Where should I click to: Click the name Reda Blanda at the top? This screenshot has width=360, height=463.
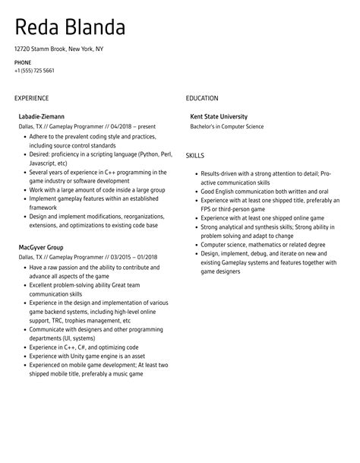pos(69,29)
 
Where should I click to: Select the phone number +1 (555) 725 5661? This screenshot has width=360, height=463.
pos(34,71)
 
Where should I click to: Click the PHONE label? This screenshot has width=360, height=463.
pos(23,62)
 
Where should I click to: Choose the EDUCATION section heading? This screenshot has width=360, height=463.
pos(201,98)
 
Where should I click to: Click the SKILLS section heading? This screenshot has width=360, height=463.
pos(194,156)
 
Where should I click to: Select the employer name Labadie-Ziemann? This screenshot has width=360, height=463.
pos(41,116)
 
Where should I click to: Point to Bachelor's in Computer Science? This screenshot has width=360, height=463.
pos(226,126)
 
